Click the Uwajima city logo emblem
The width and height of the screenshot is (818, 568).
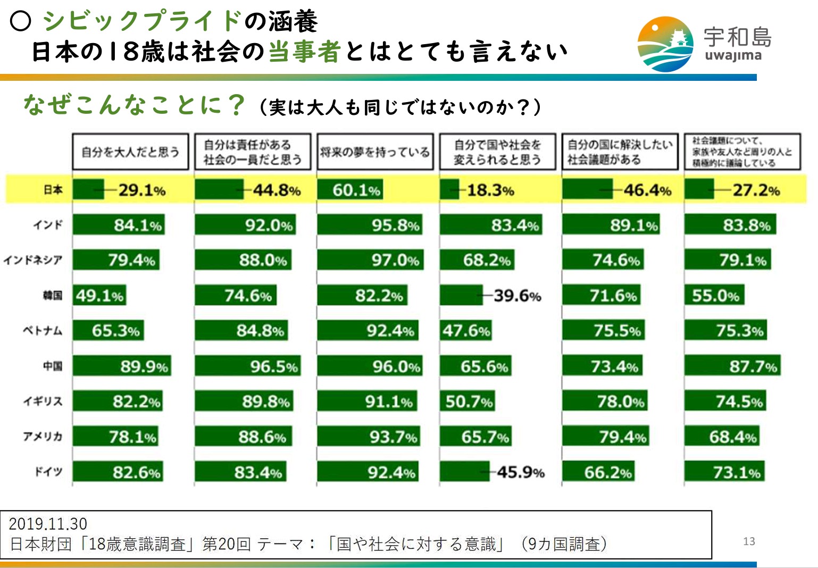click(x=665, y=44)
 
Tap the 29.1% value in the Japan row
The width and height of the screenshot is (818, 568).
click(x=142, y=190)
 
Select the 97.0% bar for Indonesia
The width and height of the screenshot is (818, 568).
click(x=370, y=260)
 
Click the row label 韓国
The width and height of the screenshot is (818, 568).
click(x=53, y=295)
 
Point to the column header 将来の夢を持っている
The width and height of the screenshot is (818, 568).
click(x=375, y=152)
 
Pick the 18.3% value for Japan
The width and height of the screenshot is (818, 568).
click(x=490, y=190)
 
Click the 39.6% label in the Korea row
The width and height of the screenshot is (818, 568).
click(x=517, y=295)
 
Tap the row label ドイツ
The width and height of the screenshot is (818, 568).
click(x=48, y=472)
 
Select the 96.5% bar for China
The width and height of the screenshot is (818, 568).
click(x=248, y=366)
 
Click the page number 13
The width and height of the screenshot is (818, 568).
click(x=749, y=541)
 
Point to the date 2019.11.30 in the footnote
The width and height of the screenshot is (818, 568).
click(x=48, y=524)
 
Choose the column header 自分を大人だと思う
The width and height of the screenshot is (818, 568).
click(x=130, y=152)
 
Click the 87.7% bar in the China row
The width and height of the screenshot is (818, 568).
click(x=732, y=366)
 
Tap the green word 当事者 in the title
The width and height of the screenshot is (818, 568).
click(x=304, y=52)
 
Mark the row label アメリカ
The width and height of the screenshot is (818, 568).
click(x=43, y=437)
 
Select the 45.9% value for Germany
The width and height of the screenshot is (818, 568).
click(x=520, y=472)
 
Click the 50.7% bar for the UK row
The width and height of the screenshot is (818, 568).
click(x=468, y=401)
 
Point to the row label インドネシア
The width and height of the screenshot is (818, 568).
click(x=33, y=260)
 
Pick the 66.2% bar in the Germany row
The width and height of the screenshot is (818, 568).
click(x=599, y=472)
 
